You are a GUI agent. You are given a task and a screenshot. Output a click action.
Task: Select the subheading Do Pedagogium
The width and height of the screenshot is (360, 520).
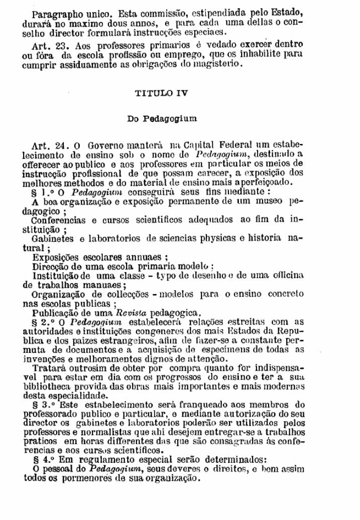click(162, 119)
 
